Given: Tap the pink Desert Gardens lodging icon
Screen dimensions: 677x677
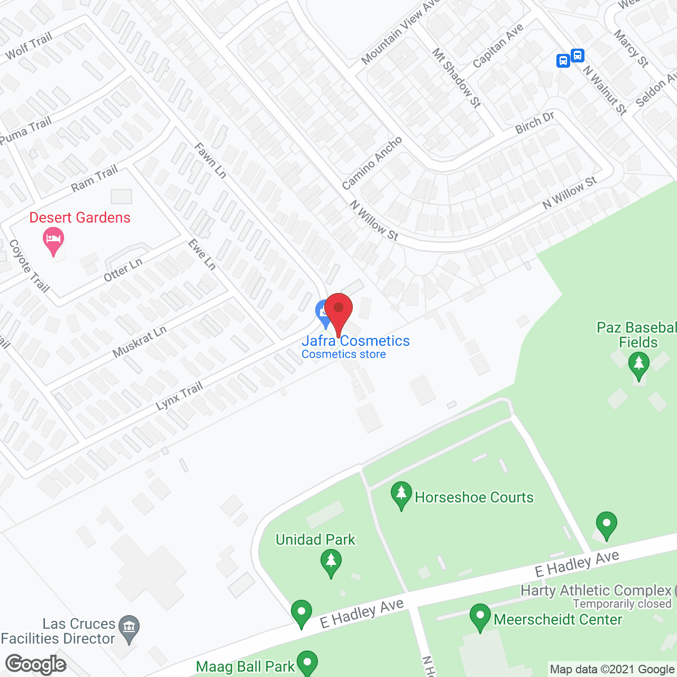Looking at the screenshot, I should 53,240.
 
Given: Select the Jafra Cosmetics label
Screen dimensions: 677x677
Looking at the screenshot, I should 355,341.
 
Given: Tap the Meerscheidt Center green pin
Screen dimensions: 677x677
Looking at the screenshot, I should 480,617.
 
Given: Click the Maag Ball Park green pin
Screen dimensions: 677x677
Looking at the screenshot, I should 307,663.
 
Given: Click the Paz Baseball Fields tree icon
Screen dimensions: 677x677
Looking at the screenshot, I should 638,365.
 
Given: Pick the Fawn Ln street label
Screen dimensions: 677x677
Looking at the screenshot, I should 210,160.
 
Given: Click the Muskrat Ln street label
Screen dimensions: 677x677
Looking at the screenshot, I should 140,342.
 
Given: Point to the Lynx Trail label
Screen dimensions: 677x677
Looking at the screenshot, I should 179,396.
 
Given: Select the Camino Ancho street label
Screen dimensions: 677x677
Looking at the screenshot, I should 372,163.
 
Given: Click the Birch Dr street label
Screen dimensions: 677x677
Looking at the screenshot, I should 535,123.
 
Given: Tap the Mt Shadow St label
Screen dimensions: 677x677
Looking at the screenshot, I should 456,78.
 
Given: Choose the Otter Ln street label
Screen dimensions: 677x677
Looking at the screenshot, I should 123,270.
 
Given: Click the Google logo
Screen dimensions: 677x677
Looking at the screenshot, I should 36,664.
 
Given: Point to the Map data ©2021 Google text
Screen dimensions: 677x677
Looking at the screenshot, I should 612,670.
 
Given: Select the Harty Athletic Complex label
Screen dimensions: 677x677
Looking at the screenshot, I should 596,590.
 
